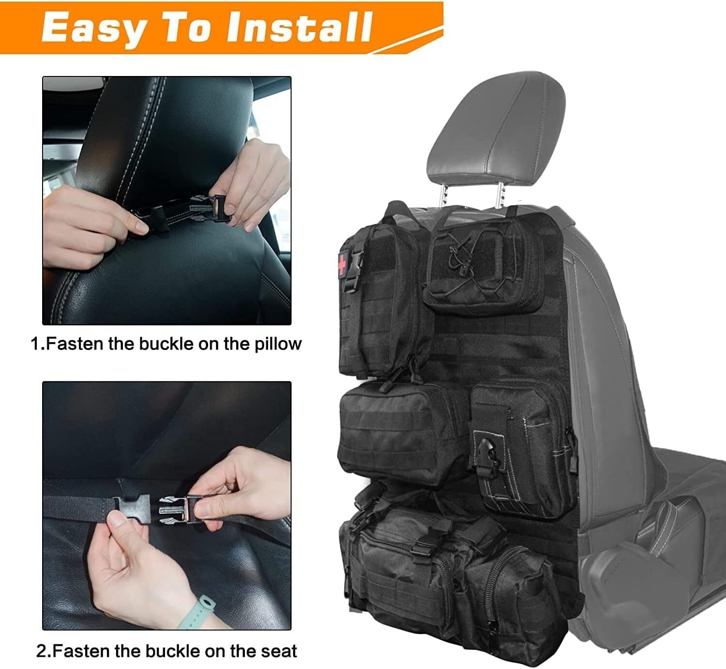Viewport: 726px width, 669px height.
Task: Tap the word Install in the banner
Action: click(299, 28)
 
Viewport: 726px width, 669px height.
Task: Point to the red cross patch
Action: click(342, 264)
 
